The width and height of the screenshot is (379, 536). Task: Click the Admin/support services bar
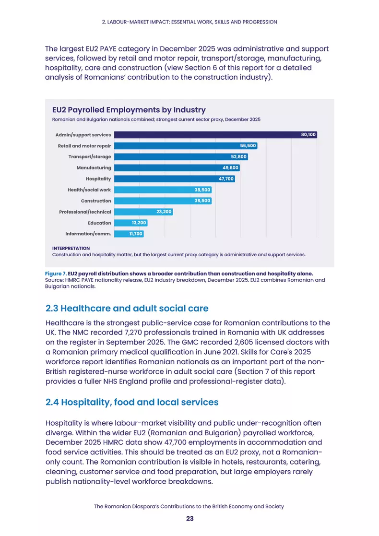[x=215, y=135]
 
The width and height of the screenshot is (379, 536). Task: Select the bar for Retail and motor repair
[x=186, y=145]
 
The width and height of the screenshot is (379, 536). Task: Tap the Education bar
[x=130, y=223]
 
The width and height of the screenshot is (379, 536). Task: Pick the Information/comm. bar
[x=129, y=234]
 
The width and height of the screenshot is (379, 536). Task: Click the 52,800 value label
[x=238, y=156]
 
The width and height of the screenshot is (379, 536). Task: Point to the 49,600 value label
[x=230, y=167]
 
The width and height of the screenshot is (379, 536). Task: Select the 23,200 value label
[x=164, y=212]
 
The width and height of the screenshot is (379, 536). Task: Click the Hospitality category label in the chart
[x=98, y=179]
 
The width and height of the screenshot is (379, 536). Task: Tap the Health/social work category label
[x=89, y=190]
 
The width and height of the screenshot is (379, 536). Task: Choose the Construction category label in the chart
[x=96, y=201]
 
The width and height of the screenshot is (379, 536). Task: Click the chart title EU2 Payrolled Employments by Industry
[x=129, y=110]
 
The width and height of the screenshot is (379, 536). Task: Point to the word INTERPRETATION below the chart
[x=71, y=248]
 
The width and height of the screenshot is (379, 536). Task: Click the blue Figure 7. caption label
[x=56, y=274]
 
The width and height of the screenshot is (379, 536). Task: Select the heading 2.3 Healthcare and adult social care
[x=127, y=309]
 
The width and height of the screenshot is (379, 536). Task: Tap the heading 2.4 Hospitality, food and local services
[x=132, y=402]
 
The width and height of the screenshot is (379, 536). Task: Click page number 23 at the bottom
[x=189, y=519]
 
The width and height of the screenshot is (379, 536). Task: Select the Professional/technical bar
[x=143, y=212]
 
